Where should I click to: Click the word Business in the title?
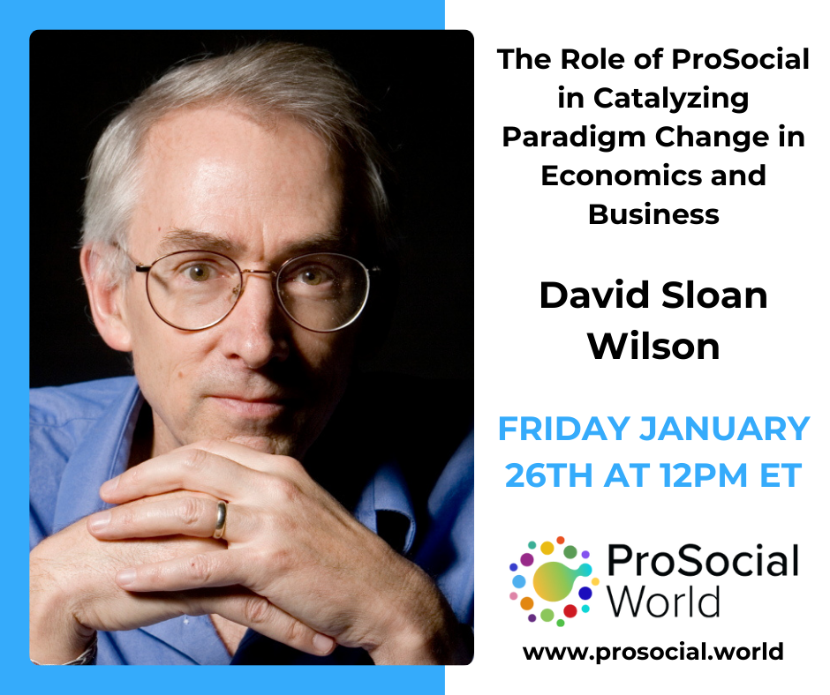coord(653,213)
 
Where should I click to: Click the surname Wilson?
coord(653,345)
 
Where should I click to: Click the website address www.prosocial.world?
coord(653,653)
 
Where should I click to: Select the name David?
coord(600,295)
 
